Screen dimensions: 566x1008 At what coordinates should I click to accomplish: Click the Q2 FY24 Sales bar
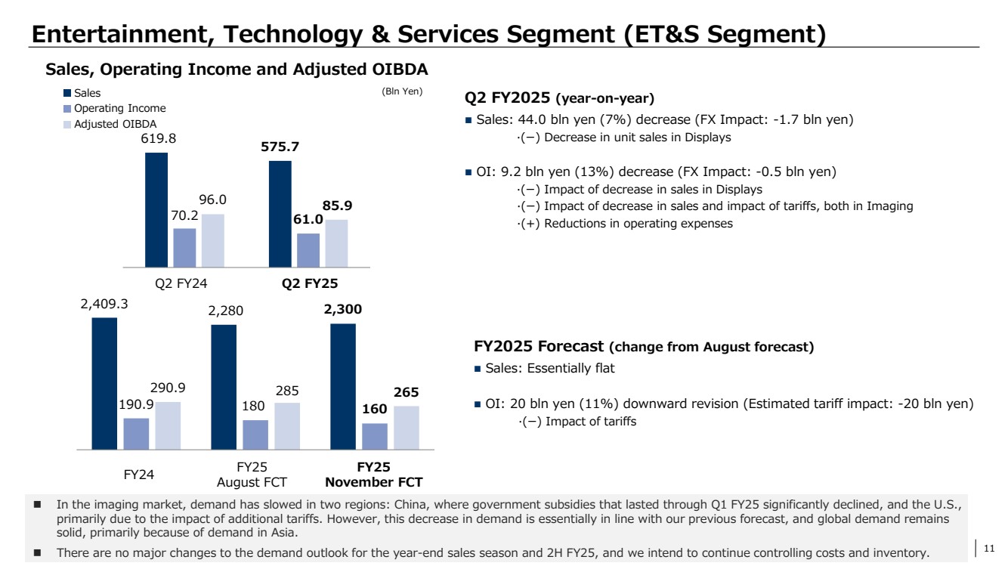(x=156, y=210)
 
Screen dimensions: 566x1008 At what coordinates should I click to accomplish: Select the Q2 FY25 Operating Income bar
(x=308, y=250)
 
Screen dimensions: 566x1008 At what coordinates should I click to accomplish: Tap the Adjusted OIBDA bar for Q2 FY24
(x=213, y=241)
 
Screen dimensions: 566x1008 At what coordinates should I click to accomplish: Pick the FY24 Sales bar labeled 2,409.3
(x=104, y=383)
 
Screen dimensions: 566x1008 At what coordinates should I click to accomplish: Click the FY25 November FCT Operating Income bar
(x=375, y=436)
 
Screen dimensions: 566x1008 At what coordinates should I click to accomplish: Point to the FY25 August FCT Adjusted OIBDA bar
(x=287, y=426)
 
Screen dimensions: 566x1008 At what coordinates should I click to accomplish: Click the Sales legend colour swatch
(x=67, y=94)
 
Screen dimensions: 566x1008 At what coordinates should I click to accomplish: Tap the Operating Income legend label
(x=119, y=109)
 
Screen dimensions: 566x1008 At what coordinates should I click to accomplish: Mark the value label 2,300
(x=343, y=309)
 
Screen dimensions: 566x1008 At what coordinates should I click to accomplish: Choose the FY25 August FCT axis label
(x=252, y=475)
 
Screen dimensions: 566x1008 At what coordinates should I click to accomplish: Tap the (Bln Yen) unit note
(x=401, y=92)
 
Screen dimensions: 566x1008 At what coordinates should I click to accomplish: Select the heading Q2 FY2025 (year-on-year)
(x=559, y=98)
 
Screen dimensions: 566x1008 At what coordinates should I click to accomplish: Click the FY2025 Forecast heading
(x=644, y=347)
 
